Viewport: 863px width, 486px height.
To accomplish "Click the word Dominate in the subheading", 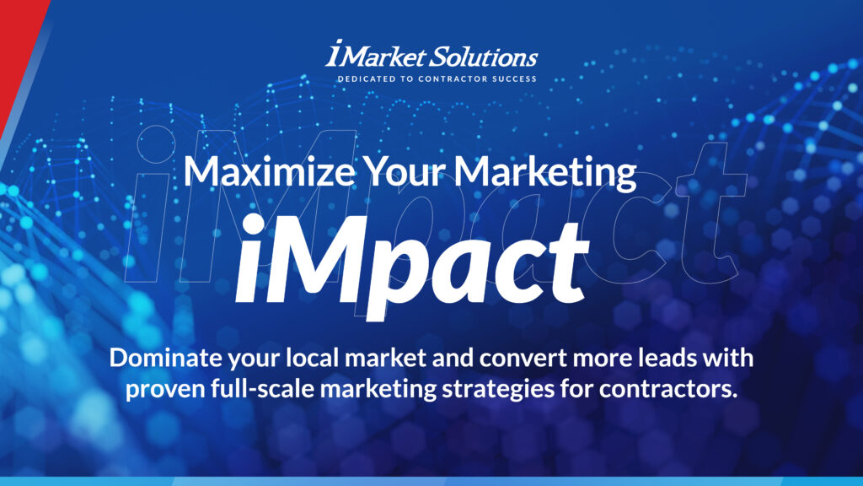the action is coord(163,358).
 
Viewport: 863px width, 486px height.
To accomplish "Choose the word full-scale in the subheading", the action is coord(263,389).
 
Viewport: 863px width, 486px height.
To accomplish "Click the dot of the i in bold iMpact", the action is coord(254,224).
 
